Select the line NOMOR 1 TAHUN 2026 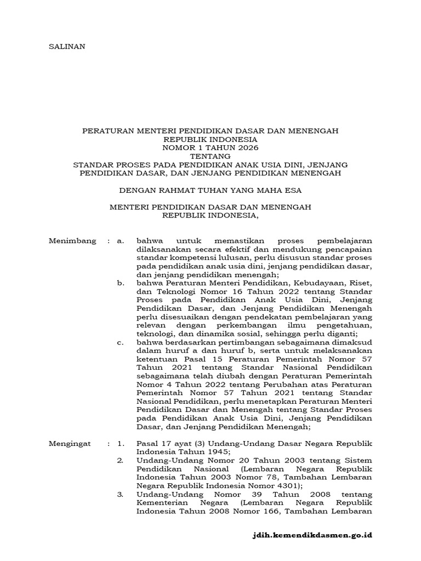pos(210,148)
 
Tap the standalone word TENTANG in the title pos(210,156)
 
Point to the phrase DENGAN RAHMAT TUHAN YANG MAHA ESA pos(210,190)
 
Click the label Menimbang pos(72,241)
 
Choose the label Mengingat pos(71,443)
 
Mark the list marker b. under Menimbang pos(121,283)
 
